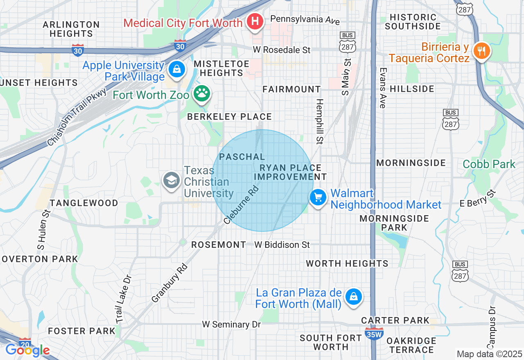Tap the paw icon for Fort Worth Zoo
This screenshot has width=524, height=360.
201,94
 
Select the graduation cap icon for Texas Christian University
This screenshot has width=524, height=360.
171,180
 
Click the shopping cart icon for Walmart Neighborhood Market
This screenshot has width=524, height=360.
318,198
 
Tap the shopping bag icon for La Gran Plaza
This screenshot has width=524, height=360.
352,297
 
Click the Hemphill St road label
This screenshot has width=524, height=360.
319,121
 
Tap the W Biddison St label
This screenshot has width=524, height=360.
282,245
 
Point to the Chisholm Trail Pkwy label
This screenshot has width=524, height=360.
77,117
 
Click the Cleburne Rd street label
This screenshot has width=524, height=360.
242,205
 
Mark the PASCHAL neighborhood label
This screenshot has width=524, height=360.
242,157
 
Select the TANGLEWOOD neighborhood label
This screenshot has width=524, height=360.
84,203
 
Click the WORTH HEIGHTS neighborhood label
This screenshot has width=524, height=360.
347,263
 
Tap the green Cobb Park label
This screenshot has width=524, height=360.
489,164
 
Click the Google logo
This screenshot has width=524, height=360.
27,350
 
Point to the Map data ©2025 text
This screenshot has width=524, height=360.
489,354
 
